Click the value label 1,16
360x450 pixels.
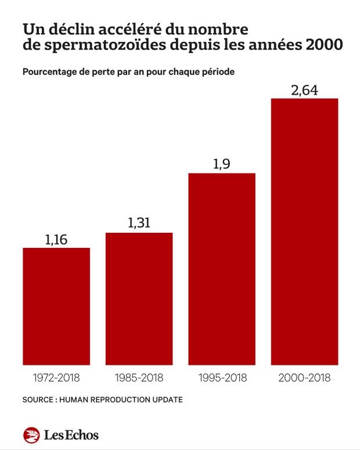pos(56,238)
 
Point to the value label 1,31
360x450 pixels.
pos(139,223)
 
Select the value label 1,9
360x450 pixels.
pos(222,164)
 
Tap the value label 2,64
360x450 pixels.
pos(304,90)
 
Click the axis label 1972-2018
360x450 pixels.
pos(56,378)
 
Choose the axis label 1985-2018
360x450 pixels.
pos(139,378)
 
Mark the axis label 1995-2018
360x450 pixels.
pos(222,378)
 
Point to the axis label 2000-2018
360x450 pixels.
pos(304,378)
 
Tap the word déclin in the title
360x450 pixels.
pos(66,28)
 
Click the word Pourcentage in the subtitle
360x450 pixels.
pos(50,73)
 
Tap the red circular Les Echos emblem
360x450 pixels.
pos(31,434)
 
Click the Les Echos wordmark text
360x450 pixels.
pos(70,435)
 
